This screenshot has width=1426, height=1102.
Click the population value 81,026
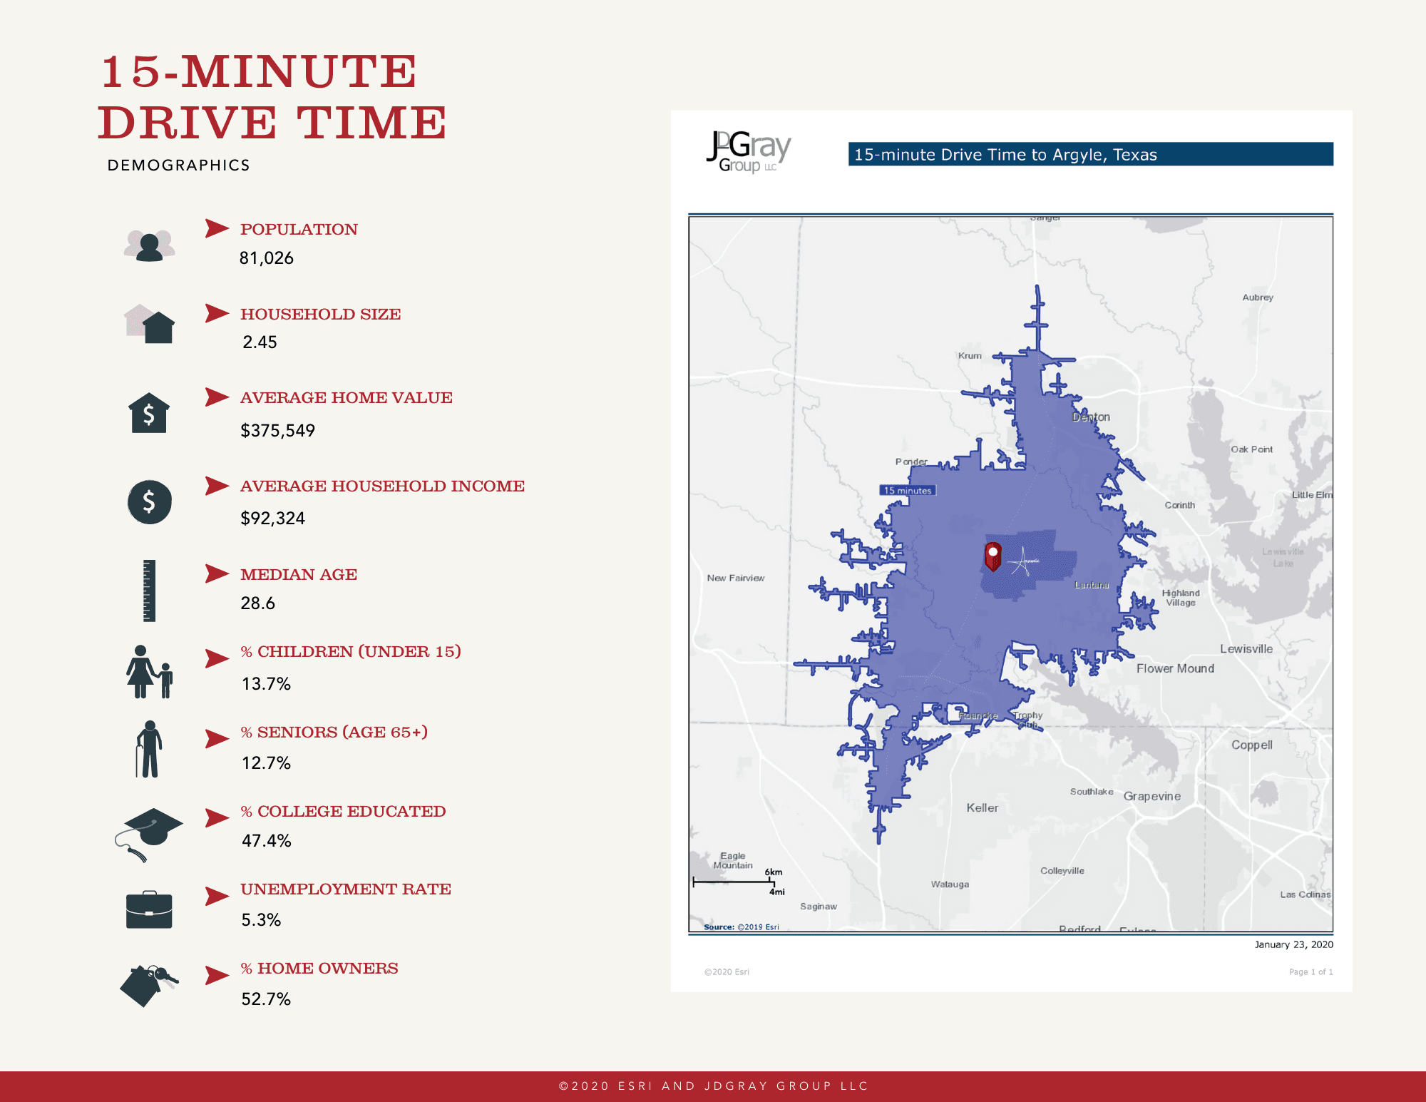(266, 258)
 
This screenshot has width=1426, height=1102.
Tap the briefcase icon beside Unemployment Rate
(149, 910)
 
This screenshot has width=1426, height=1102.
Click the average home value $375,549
(277, 430)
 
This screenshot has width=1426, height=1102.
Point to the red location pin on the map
(992, 556)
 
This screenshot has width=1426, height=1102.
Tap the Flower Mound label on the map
(1174, 668)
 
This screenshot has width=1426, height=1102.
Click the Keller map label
(982, 807)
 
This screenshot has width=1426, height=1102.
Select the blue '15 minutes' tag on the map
(907, 490)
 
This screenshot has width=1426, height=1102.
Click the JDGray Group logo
(748, 151)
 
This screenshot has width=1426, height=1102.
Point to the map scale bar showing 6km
(734, 882)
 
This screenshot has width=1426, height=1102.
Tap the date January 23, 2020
(1293, 944)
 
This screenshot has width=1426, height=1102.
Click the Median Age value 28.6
(257, 603)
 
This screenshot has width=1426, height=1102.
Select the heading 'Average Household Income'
(382, 486)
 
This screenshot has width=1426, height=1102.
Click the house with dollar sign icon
(149, 413)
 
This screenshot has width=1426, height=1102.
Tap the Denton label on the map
(1090, 417)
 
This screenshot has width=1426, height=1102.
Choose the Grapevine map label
(1151, 796)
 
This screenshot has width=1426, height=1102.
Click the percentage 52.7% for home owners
(266, 999)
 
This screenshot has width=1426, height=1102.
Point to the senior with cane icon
(149, 749)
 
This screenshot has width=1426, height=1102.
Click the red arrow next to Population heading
(217, 228)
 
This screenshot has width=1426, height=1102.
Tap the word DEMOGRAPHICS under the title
(178, 165)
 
